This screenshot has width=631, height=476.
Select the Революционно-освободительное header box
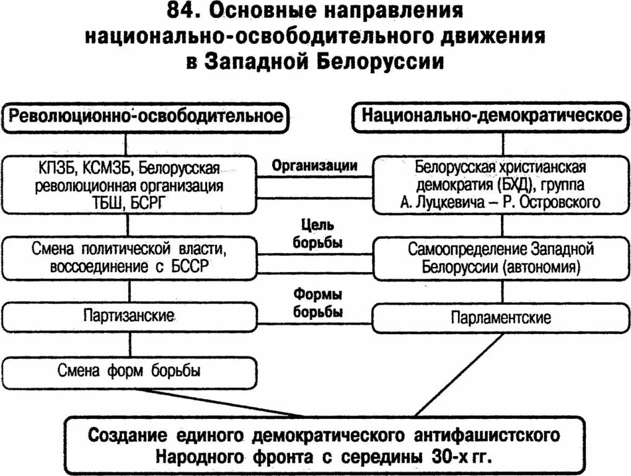point(147,117)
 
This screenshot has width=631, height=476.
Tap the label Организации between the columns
point(314,165)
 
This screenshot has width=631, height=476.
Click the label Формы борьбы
point(317,302)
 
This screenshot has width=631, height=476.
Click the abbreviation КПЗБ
point(58,168)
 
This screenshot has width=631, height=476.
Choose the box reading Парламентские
point(501,318)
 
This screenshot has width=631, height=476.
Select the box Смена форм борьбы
point(129,372)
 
